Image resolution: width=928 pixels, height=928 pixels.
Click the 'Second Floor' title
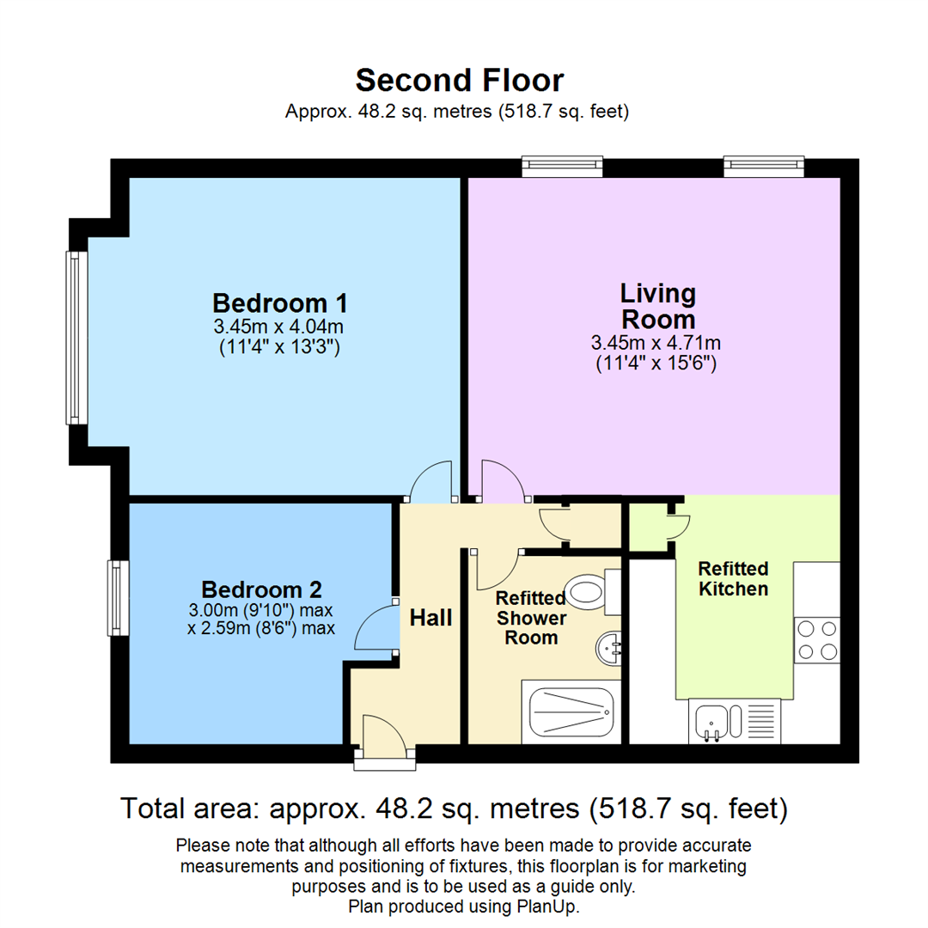tap(460, 80)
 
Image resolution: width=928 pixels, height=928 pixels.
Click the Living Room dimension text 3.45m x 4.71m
tap(656, 344)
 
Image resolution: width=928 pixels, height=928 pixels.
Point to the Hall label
tap(430, 617)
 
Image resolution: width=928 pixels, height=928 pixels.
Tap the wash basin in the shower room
tap(610, 646)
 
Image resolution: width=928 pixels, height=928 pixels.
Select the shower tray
tap(571, 712)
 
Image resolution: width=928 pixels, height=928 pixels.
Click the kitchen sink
tap(712, 720)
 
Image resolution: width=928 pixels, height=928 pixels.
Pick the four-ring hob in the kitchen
tap(816, 640)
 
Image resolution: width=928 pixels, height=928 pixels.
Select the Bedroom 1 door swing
tap(431, 482)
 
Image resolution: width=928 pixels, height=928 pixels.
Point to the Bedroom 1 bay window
tap(77, 338)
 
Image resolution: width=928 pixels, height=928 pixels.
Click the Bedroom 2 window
tap(118, 598)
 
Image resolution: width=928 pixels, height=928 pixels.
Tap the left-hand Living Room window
tap(563, 166)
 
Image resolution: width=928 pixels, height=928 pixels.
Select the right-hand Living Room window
tap(764, 166)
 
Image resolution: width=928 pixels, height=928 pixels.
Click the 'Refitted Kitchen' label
tap(733, 579)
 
